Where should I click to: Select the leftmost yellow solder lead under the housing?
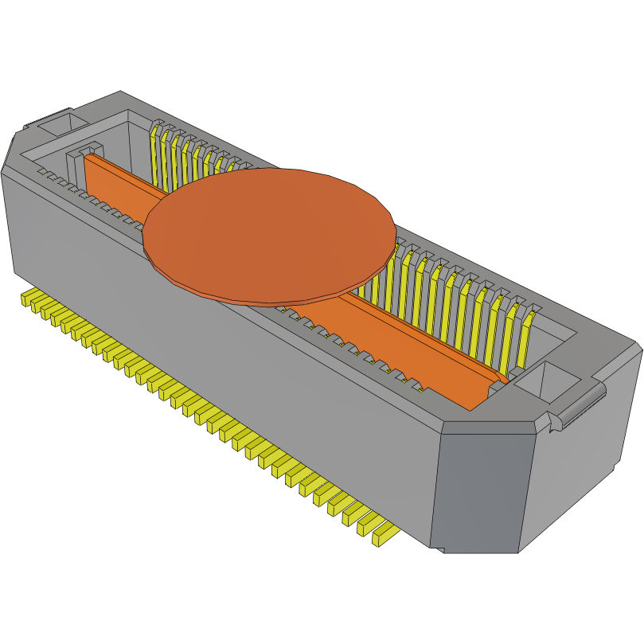31,299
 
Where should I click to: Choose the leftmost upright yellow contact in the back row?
156,151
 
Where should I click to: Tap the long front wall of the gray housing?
215,358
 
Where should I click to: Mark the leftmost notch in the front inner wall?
43,173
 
